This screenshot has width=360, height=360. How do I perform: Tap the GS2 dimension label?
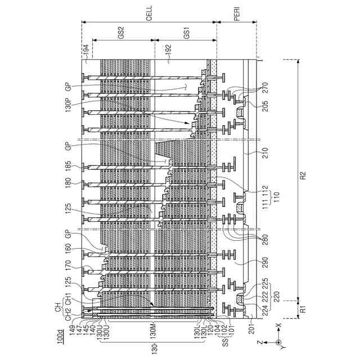pyautogui.click(x=121, y=34)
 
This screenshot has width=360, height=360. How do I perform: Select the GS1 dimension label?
pyautogui.click(x=186, y=34)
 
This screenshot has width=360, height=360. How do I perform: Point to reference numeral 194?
pyautogui.click(x=85, y=52)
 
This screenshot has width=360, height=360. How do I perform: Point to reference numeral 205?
pyautogui.click(x=265, y=107)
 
